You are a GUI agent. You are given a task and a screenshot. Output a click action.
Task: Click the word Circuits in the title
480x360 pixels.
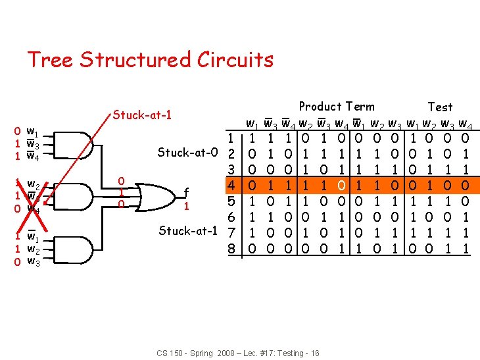235,60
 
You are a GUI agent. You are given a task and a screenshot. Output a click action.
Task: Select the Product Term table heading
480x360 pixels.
336,107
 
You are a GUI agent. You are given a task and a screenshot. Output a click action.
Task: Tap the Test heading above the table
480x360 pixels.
440,107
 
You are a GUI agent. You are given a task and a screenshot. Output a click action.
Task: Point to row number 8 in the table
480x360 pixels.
230,249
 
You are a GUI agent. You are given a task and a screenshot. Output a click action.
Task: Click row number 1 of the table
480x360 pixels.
230,138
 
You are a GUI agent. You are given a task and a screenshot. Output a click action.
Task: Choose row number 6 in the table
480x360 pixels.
230,217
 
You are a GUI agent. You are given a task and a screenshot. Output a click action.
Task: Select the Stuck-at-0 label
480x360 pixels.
187,153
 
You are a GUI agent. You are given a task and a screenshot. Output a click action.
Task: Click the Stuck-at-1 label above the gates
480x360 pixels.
143,115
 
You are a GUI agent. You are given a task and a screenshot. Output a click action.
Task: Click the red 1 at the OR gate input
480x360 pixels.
121,192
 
